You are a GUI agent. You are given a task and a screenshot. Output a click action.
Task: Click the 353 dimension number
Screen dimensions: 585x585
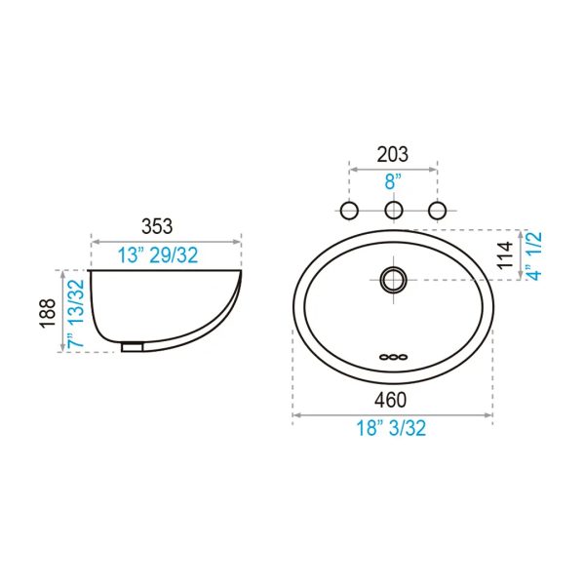[157, 226]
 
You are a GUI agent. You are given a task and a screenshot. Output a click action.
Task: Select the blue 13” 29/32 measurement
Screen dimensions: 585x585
[158, 255]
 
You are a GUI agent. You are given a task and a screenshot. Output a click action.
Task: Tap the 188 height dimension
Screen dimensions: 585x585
[48, 313]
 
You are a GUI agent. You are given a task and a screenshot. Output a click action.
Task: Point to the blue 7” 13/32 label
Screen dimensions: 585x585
[76, 313]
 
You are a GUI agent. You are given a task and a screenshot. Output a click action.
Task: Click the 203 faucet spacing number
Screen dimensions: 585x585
[393, 154]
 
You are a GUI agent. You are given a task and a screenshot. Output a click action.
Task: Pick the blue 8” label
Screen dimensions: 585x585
[393, 181]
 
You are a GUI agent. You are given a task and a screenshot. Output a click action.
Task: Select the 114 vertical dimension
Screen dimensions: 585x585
[505, 255]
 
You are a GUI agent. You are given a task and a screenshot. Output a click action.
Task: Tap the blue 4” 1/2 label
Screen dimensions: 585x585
[534, 255]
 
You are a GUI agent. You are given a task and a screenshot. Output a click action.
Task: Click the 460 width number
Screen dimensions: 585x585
[391, 400]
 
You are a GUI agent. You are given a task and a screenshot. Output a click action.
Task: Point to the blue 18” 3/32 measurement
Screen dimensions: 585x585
[391, 428]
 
